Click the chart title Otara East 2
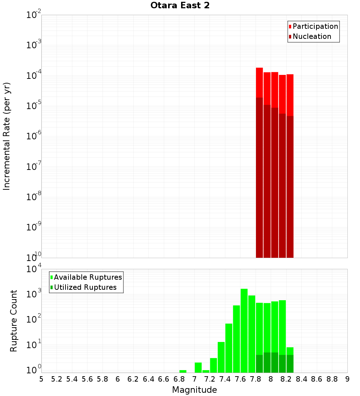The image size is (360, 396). click(x=180, y=6)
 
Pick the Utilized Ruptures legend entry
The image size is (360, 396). click(x=85, y=288)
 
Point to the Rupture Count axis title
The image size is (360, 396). click(x=14, y=320)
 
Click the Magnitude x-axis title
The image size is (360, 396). click(x=194, y=390)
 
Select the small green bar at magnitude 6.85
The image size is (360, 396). click(x=183, y=371)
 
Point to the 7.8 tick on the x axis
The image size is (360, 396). click(x=256, y=379)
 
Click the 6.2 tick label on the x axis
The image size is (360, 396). click(x=133, y=379)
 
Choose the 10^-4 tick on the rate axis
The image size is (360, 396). click(x=34, y=76)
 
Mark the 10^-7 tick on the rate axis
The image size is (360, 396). click(x=34, y=167)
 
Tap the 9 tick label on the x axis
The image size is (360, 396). click(x=347, y=379)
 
